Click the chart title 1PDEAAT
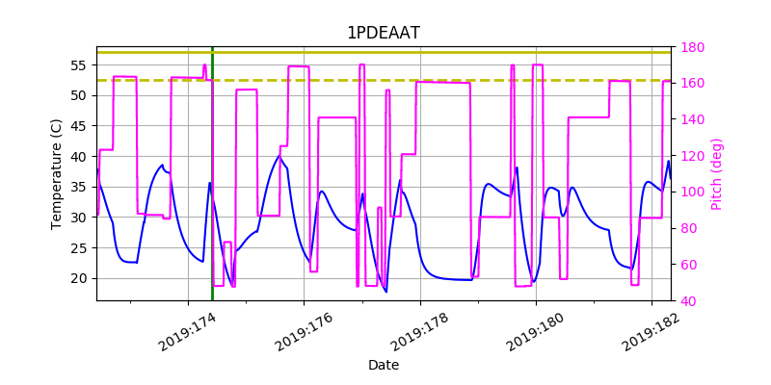click(384, 33)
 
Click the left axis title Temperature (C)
click(57, 173)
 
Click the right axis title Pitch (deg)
click(716, 174)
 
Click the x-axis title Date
click(384, 365)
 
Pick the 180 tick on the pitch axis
click(692, 47)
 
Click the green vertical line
click(212, 192)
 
